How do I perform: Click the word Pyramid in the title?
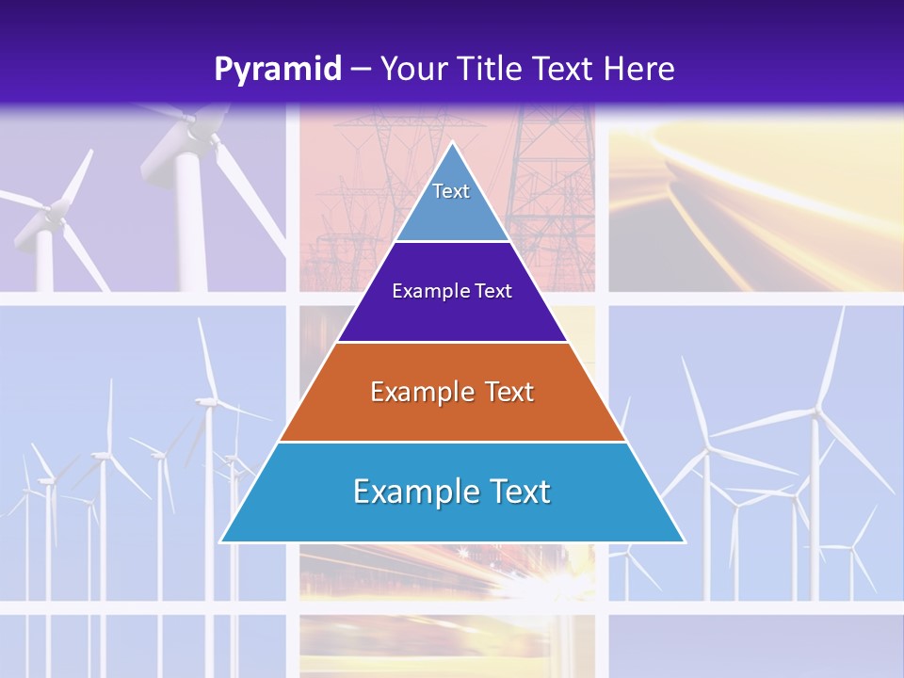(278, 70)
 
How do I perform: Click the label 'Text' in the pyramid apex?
(451, 191)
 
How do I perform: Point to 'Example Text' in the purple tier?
(452, 291)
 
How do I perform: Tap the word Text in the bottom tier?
(517, 492)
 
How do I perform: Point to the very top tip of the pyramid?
(452, 143)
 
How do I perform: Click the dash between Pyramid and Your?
(360, 70)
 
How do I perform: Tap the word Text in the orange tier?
(507, 392)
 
